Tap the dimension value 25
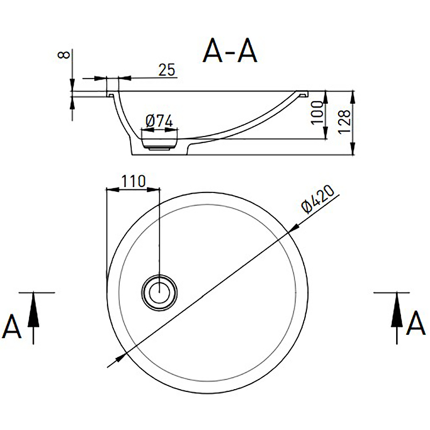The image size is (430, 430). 167,69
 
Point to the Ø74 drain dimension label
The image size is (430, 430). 159,121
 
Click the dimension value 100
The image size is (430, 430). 319,112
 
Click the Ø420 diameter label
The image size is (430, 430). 319,199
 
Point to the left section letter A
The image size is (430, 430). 12,326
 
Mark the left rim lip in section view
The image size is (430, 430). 112,95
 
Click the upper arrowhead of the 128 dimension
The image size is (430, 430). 353,96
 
